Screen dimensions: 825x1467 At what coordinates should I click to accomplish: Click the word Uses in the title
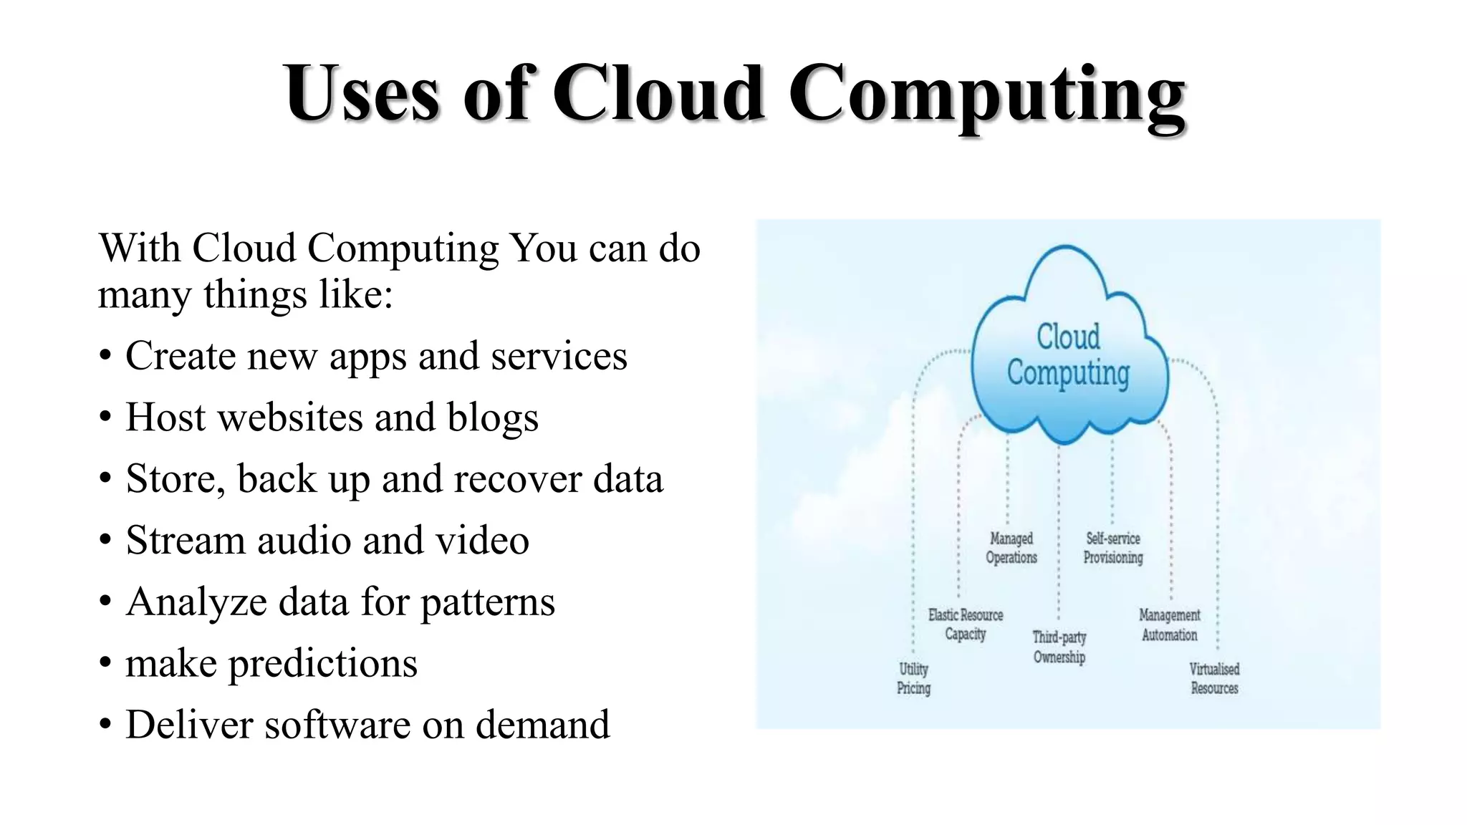coord(361,94)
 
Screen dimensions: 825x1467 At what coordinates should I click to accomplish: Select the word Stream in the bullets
coord(186,541)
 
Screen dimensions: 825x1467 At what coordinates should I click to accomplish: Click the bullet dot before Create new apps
coord(105,356)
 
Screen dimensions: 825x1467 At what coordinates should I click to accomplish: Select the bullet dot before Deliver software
coord(105,725)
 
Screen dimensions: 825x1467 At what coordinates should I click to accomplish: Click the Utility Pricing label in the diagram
coord(913,678)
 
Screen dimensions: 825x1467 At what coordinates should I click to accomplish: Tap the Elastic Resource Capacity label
coord(966,624)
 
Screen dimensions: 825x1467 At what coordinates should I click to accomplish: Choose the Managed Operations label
coord(1011,548)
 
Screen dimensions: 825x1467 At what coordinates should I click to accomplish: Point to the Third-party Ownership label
coord(1059,647)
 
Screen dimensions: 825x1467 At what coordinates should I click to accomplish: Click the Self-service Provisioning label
coord(1112,548)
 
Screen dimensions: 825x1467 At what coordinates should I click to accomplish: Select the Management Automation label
coord(1169,624)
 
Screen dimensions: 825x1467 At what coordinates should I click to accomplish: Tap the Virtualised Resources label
coord(1214,678)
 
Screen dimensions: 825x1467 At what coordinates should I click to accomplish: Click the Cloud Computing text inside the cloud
coord(1068,355)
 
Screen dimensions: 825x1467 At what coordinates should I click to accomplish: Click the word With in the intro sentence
coord(139,249)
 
